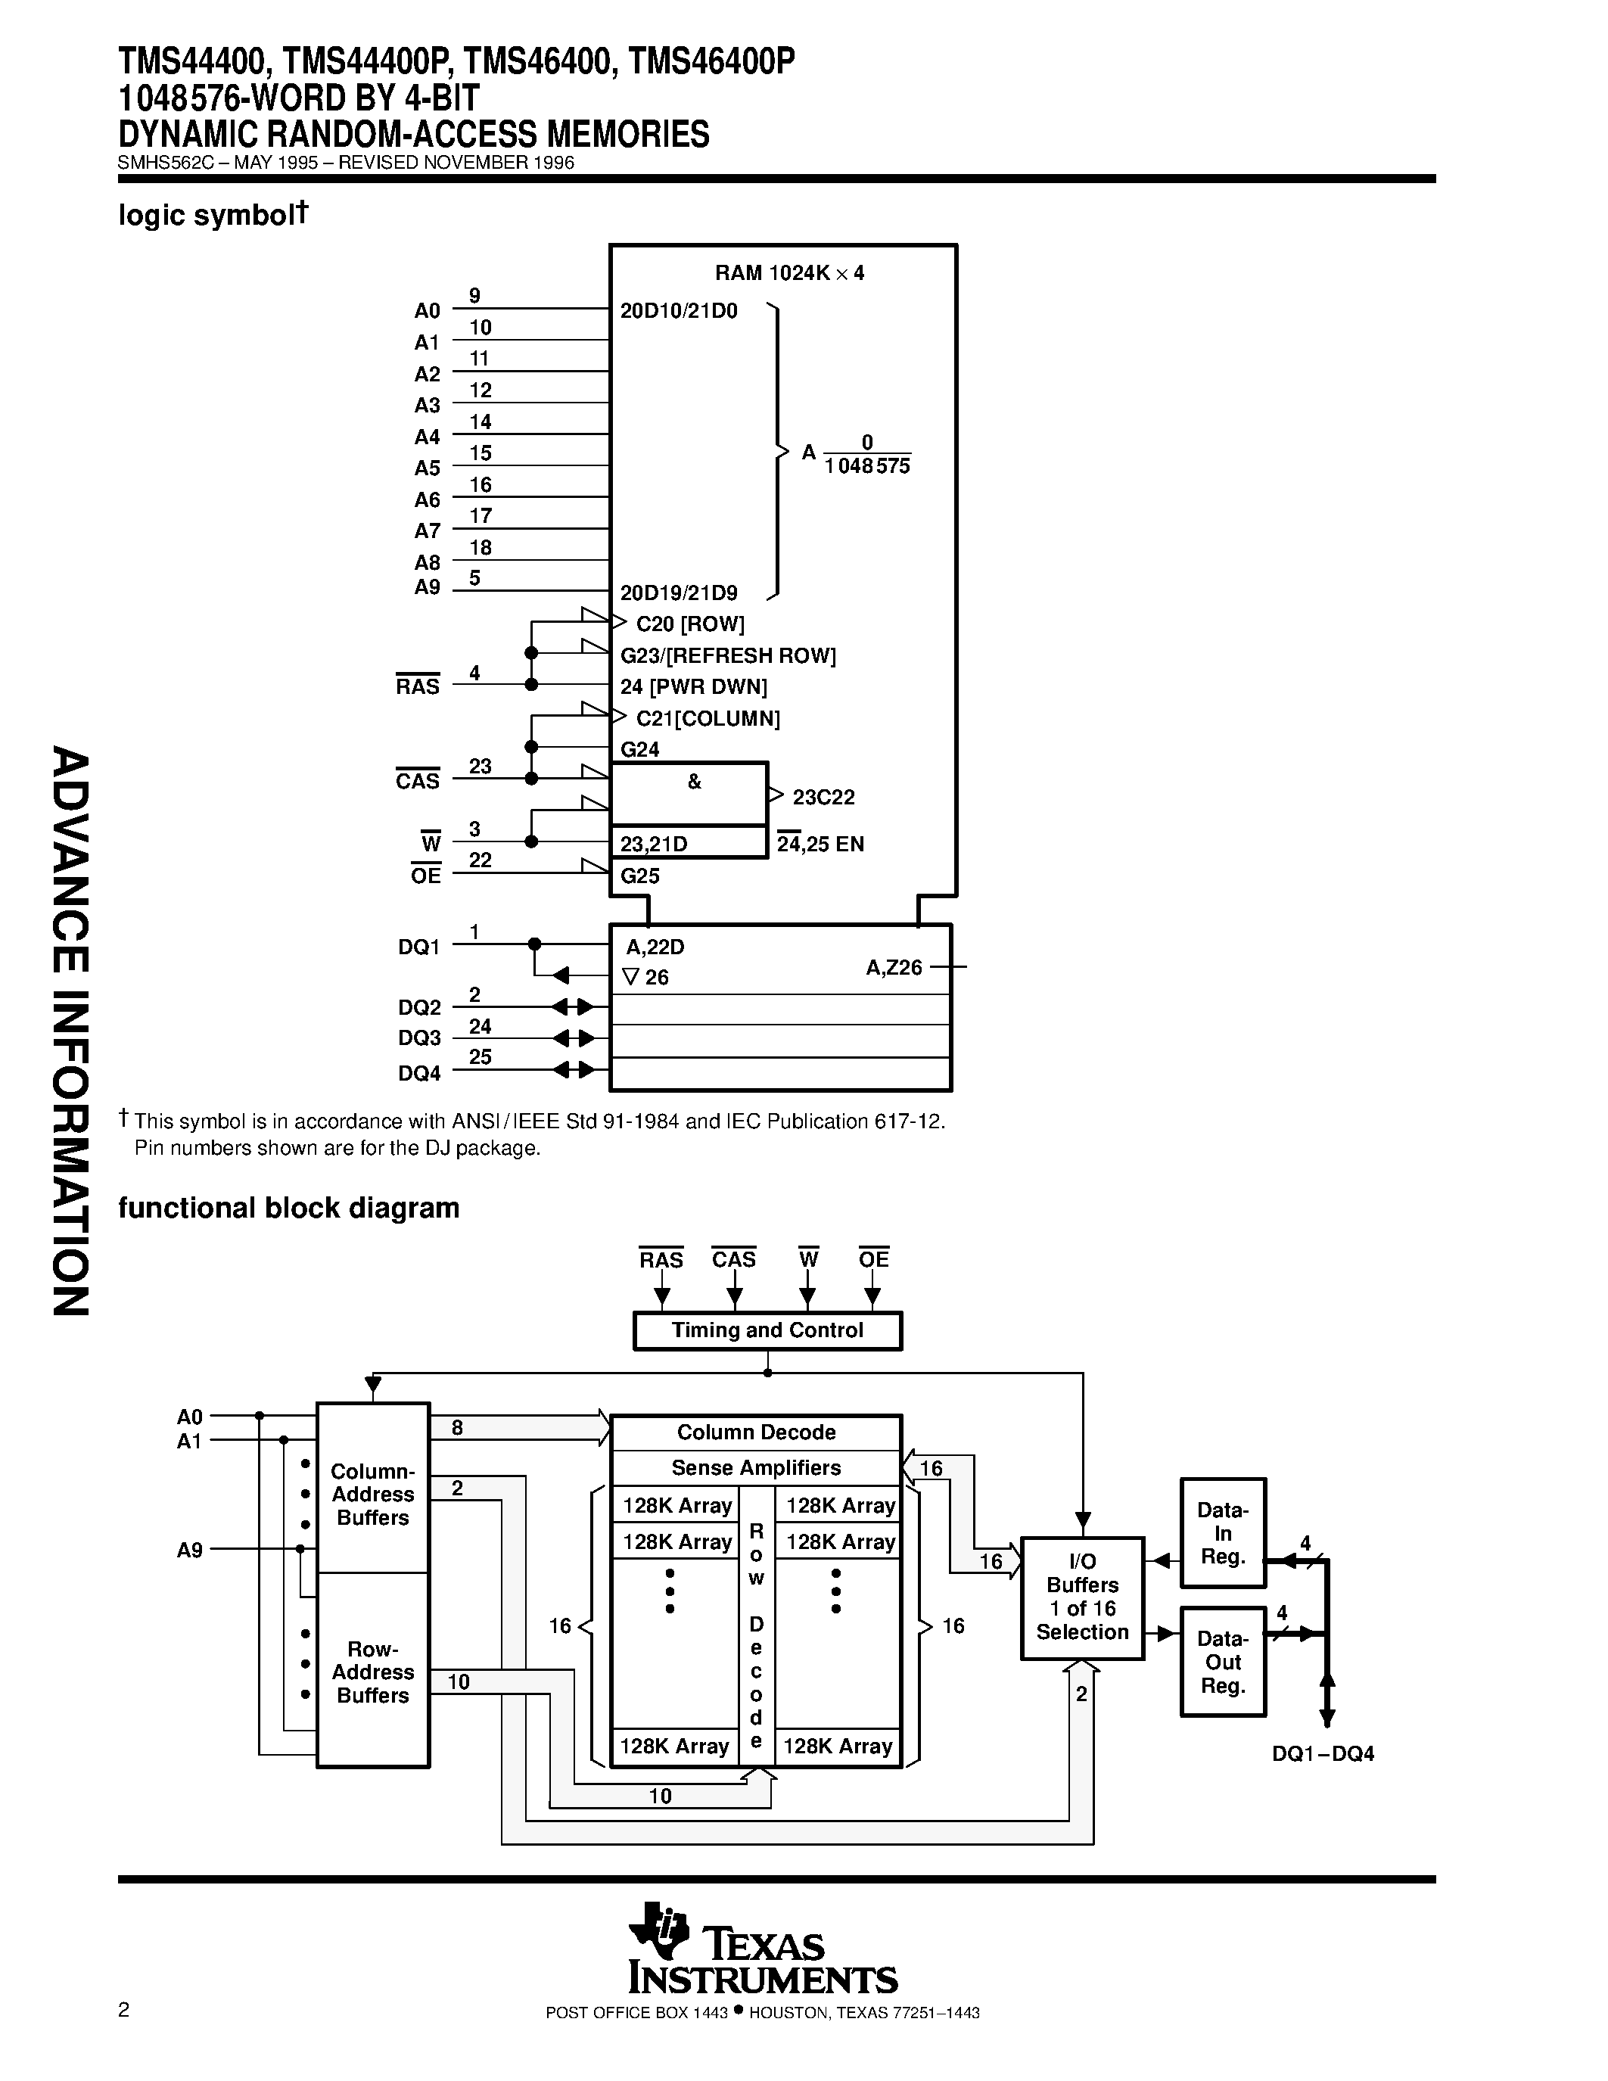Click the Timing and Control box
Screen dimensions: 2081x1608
[767, 1330]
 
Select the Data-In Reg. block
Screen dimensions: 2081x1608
[1222, 1533]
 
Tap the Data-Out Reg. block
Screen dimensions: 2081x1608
[1222, 1662]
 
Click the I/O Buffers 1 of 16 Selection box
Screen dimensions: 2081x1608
[1082, 1597]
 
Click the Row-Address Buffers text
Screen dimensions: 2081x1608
[372, 1672]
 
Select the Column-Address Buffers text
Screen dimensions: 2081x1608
[372, 1494]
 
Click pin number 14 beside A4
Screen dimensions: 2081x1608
[480, 421]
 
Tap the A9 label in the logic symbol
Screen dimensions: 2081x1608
[427, 587]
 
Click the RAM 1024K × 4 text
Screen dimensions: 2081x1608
[790, 273]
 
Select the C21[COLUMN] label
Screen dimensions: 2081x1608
[707, 718]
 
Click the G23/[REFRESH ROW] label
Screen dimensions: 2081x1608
[728, 655]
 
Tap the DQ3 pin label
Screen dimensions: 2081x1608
[419, 1038]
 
